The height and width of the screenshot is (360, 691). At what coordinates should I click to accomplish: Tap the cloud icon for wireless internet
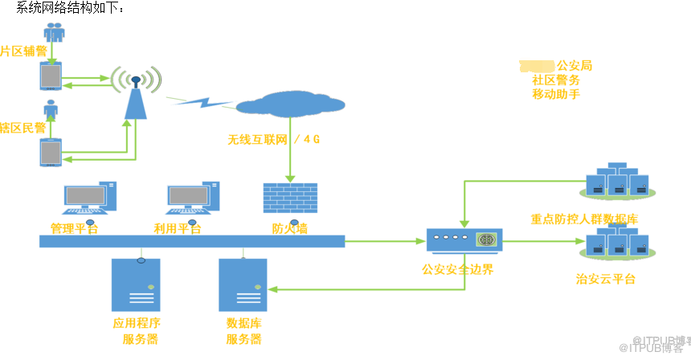(x=290, y=105)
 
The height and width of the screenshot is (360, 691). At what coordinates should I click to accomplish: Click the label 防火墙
(x=289, y=228)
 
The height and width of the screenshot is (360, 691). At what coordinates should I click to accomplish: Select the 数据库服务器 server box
(x=243, y=285)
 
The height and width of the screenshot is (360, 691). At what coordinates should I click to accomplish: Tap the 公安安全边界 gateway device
(x=464, y=239)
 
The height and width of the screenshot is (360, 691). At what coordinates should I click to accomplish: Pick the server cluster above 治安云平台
(x=617, y=243)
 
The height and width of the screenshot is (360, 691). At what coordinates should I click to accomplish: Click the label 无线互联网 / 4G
(x=273, y=139)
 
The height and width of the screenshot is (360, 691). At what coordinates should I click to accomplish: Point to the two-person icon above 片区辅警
(x=54, y=32)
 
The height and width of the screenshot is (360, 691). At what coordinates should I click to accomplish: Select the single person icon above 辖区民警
(x=51, y=108)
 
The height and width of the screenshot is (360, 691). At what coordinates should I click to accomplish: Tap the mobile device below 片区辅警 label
(x=51, y=77)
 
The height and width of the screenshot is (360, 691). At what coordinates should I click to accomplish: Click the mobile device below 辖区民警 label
(x=51, y=152)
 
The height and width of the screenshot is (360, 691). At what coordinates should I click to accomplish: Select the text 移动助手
(x=555, y=95)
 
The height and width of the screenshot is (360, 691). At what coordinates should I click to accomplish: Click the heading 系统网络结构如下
(x=71, y=7)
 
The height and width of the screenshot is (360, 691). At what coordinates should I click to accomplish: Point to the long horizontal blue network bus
(x=192, y=241)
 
